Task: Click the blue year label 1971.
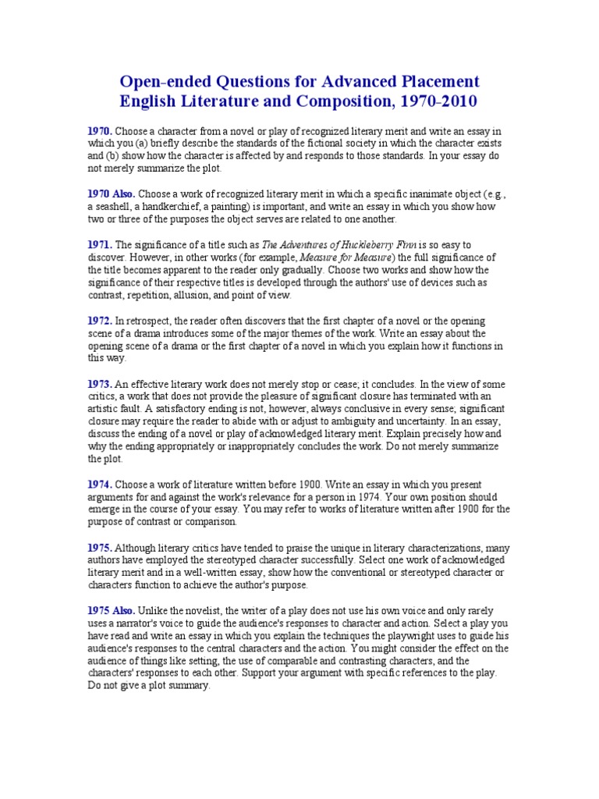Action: click(x=100, y=244)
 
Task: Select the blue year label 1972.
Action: click(x=100, y=321)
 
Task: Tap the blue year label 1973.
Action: click(x=100, y=384)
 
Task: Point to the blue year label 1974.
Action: click(x=100, y=485)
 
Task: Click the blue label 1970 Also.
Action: click(x=112, y=194)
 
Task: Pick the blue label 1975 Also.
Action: click(x=112, y=610)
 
